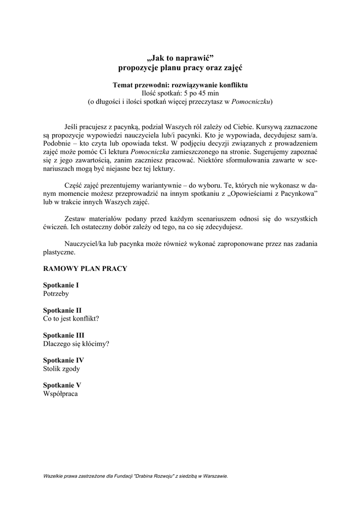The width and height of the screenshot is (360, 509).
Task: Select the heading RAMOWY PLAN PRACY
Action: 85,268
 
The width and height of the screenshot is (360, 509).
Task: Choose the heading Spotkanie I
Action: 61,285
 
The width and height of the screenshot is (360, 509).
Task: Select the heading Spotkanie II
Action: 62,310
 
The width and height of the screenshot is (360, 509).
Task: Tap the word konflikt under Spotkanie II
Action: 86,319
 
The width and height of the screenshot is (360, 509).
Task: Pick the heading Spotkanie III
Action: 64,335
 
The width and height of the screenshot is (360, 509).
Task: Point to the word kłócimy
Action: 96,343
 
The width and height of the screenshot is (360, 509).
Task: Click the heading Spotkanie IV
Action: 63,360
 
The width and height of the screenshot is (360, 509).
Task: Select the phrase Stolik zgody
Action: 61,369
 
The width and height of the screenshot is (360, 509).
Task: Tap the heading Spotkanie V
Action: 62,385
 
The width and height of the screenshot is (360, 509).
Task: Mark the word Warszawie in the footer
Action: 214,476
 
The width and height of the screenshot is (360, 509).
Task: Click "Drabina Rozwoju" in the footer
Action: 154,476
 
